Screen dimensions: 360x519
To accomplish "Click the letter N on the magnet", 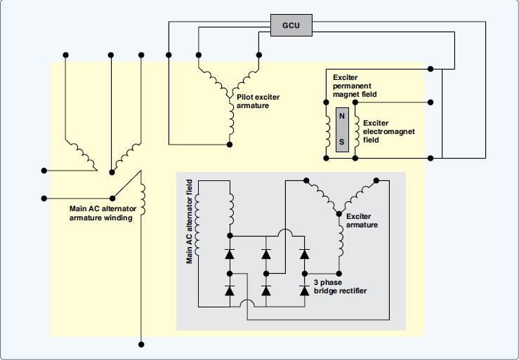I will tap(342, 116).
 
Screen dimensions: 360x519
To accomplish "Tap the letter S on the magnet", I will tap(342, 140).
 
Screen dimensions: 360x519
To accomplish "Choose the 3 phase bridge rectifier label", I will tap(340, 286).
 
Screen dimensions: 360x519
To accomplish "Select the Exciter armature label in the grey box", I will tap(362, 221).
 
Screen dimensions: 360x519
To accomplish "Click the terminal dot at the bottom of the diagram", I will tap(141, 345).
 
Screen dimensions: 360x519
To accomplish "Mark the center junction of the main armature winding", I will tap(112, 171).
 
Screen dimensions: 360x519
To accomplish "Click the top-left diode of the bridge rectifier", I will tap(229, 252).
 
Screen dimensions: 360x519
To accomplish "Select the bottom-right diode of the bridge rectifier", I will tap(304, 290).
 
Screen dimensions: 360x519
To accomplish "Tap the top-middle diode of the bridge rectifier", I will tap(266, 252).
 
